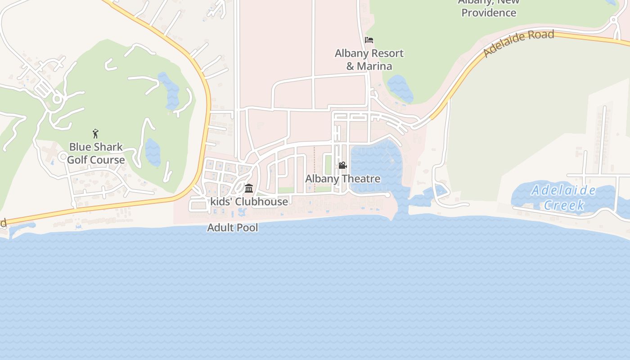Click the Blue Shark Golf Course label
click(96, 153)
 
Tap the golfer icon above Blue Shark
click(95, 133)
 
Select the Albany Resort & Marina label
click(369, 59)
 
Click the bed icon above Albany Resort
click(369, 40)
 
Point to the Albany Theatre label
click(343, 179)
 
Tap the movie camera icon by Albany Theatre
click(342, 166)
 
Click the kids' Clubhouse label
click(249, 201)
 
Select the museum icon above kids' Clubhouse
click(249, 188)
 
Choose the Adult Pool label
click(233, 228)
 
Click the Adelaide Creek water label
click(564, 198)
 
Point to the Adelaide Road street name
click(518, 43)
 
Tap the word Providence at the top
click(489, 13)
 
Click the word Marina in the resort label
click(375, 66)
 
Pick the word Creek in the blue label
click(564, 205)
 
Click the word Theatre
click(361, 179)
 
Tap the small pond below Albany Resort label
click(400, 87)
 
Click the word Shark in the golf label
click(108, 147)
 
